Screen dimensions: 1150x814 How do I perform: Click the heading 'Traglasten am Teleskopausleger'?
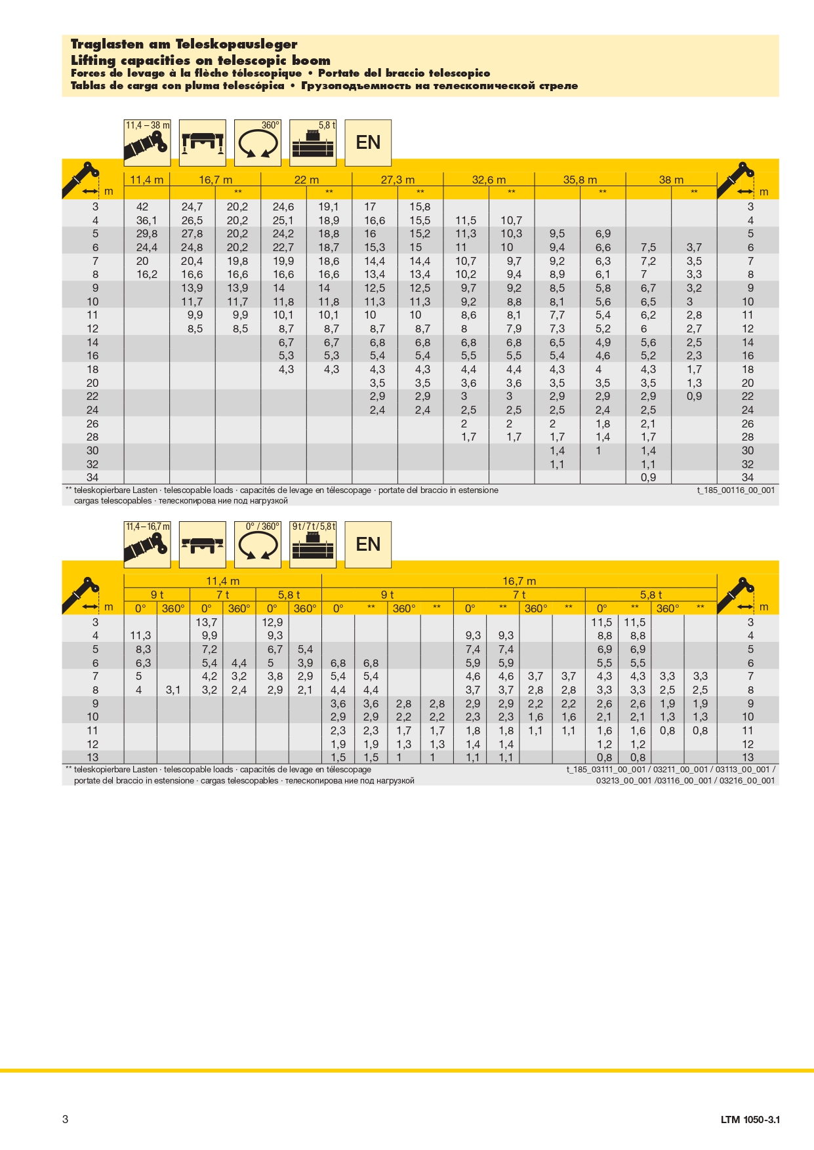(184, 45)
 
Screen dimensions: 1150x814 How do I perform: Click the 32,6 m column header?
(489, 180)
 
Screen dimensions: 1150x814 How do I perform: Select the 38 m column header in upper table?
(671, 180)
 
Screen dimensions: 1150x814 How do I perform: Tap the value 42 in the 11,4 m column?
(142, 207)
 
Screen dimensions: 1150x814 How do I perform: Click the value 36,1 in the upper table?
(146, 221)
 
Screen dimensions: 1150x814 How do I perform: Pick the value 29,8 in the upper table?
(146, 234)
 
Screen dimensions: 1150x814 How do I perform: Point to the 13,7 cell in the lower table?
(206, 622)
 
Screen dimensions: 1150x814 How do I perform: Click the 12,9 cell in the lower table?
(272, 622)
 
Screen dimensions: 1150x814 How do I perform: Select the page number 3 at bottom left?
(65, 1119)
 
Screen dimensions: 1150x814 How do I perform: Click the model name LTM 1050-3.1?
(750, 1120)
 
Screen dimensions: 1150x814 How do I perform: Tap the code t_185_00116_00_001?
(735, 490)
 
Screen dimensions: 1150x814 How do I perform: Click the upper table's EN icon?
(368, 142)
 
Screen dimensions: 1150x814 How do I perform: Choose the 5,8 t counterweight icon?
(313, 142)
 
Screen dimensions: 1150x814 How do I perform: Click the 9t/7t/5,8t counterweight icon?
(313, 544)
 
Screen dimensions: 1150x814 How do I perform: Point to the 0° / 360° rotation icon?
(258, 544)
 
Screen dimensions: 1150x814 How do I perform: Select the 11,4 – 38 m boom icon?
(147, 142)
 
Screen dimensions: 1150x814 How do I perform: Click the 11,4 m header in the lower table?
(222, 581)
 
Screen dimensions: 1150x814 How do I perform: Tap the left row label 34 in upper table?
(92, 478)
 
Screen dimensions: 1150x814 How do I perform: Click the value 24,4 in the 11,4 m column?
(146, 248)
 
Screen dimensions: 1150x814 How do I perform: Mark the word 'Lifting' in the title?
(93, 60)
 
